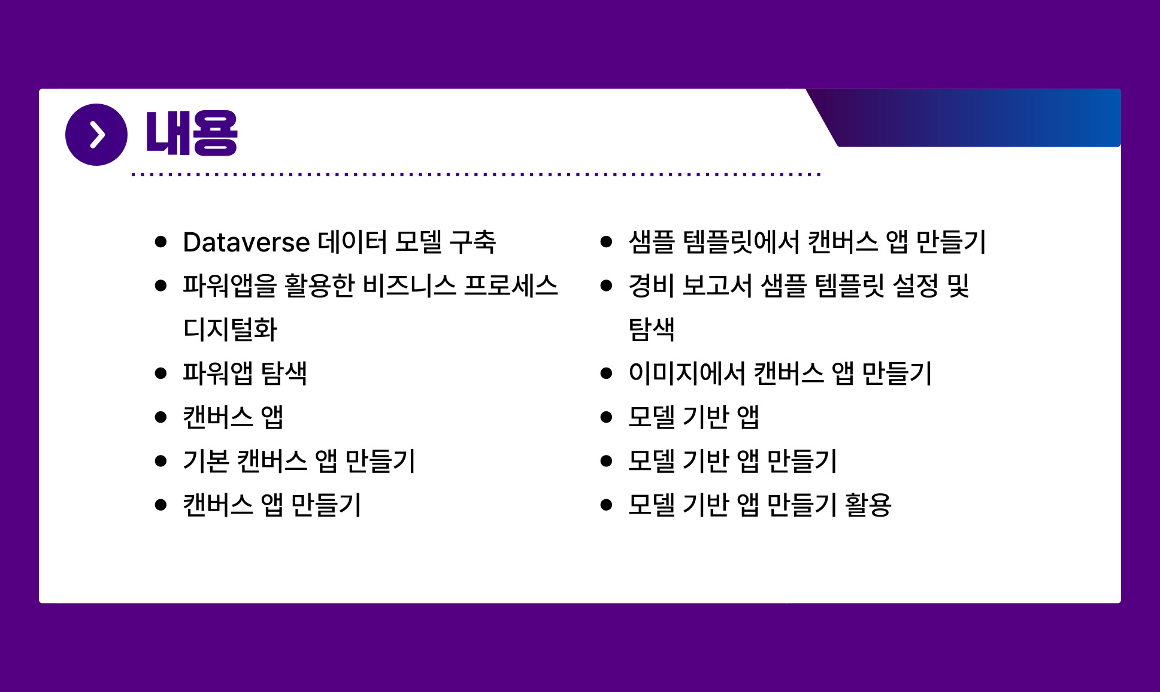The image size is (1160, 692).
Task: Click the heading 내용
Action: click(x=192, y=134)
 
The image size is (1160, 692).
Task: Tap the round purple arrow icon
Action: click(x=96, y=135)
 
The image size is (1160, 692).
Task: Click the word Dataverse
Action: click(x=247, y=242)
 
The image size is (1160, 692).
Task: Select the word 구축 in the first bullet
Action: click(x=473, y=242)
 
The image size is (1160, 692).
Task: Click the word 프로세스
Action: click(x=511, y=286)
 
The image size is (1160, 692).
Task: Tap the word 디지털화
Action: click(x=230, y=329)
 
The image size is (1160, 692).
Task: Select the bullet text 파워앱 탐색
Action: click(x=245, y=373)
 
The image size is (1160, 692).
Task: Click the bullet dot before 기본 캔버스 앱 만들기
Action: click(x=160, y=461)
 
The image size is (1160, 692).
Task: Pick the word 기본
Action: click(x=206, y=461)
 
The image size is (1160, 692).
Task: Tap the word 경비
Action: click(x=652, y=286)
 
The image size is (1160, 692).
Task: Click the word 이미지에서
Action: click(x=687, y=373)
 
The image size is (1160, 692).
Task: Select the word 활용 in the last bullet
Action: click(x=868, y=505)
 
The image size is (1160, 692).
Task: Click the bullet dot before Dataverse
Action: click(x=160, y=242)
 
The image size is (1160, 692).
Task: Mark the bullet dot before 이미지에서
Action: click(x=606, y=374)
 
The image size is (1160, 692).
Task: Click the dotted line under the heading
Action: click(x=476, y=175)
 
